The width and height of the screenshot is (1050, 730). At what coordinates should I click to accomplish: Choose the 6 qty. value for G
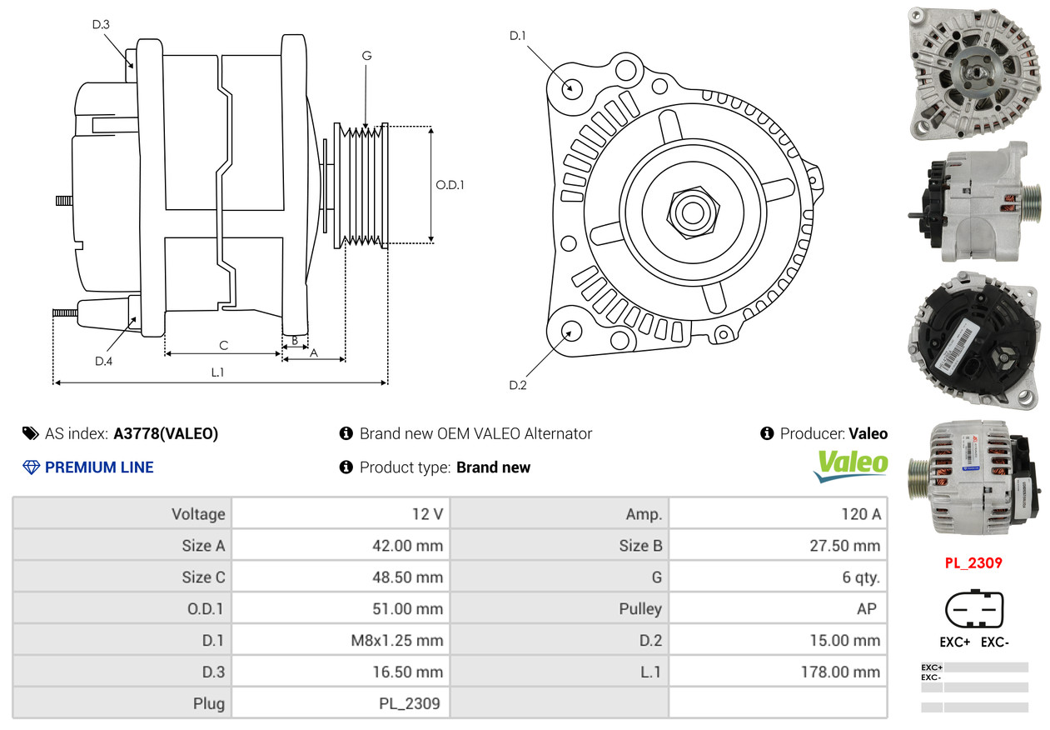(x=860, y=577)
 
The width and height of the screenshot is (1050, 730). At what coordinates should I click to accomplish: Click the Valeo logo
(x=850, y=465)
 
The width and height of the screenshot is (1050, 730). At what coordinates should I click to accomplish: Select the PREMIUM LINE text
(x=99, y=467)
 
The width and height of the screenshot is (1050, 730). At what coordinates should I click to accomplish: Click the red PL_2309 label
(x=973, y=563)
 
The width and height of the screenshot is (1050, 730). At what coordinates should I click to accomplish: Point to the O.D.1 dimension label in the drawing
(x=450, y=184)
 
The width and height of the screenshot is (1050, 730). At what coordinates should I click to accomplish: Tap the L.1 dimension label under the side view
(x=217, y=372)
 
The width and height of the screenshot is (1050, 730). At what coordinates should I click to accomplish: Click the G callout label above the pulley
(x=366, y=56)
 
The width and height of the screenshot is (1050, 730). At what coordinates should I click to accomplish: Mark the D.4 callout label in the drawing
(x=103, y=361)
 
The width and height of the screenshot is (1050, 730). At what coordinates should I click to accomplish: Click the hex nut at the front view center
(x=691, y=210)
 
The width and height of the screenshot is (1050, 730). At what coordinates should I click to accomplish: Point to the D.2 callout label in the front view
(x=518, y=385)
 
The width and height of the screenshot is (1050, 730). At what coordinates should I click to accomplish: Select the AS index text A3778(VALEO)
(x=166, y=433)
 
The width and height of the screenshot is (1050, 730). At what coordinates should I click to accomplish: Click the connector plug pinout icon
(x=973, y=610)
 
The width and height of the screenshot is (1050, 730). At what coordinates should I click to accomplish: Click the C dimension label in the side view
(x=223, y=345)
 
